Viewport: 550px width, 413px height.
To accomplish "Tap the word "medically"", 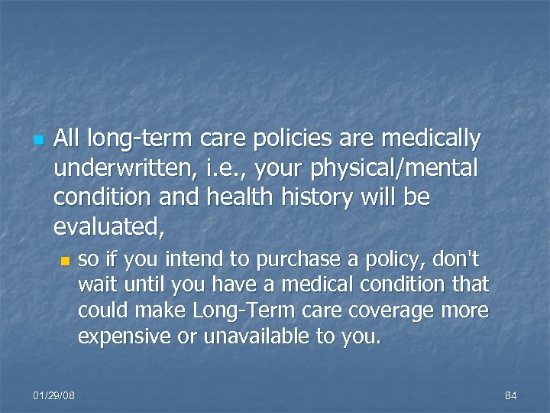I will click(433, 140).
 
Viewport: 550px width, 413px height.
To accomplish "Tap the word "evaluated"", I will click(109, 227).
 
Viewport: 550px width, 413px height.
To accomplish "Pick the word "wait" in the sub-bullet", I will click(95, 285).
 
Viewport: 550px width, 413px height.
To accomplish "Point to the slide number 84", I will click(511, 395).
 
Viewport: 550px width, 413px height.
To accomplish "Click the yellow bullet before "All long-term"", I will click(37, 141).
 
